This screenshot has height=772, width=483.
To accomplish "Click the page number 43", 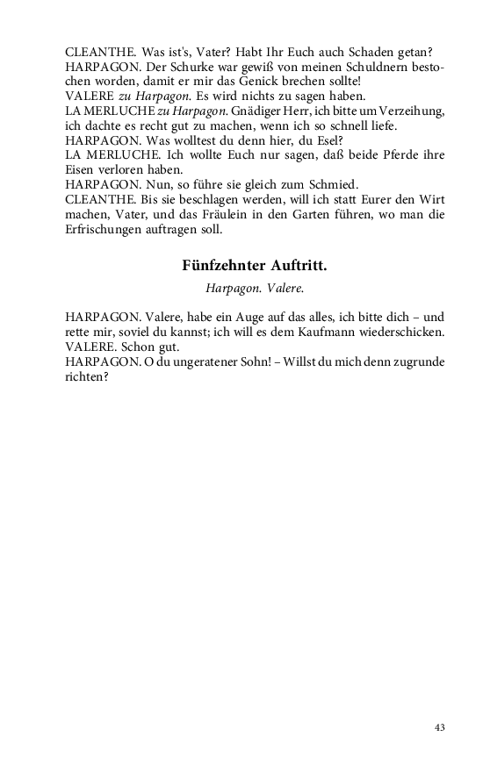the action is (440, 727).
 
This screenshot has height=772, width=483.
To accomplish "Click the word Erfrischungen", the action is (105, 231).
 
